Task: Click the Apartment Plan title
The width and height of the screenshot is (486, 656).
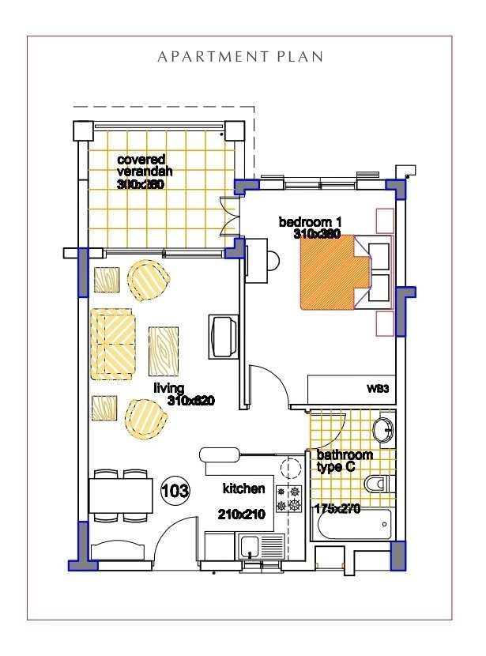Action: coord(240,57)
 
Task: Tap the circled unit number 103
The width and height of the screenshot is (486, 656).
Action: coord(175,491)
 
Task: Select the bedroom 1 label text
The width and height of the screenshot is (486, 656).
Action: coord(308,222)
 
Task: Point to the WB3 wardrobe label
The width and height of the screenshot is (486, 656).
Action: coord(376,389)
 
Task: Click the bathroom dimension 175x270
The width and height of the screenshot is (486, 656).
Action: coord(337,509)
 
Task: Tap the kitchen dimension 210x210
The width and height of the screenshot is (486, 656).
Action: coord(243,514)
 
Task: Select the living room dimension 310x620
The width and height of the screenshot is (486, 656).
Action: coord(191,402)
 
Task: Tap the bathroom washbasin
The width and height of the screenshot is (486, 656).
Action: coord(383,430)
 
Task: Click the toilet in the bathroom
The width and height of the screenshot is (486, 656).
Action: coord(377,484)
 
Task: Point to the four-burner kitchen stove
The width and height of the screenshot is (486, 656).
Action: coord(288,498)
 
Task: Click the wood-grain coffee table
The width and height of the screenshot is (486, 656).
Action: coord(163,351)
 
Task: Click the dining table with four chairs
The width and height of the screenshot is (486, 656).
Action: coord(121,496)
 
